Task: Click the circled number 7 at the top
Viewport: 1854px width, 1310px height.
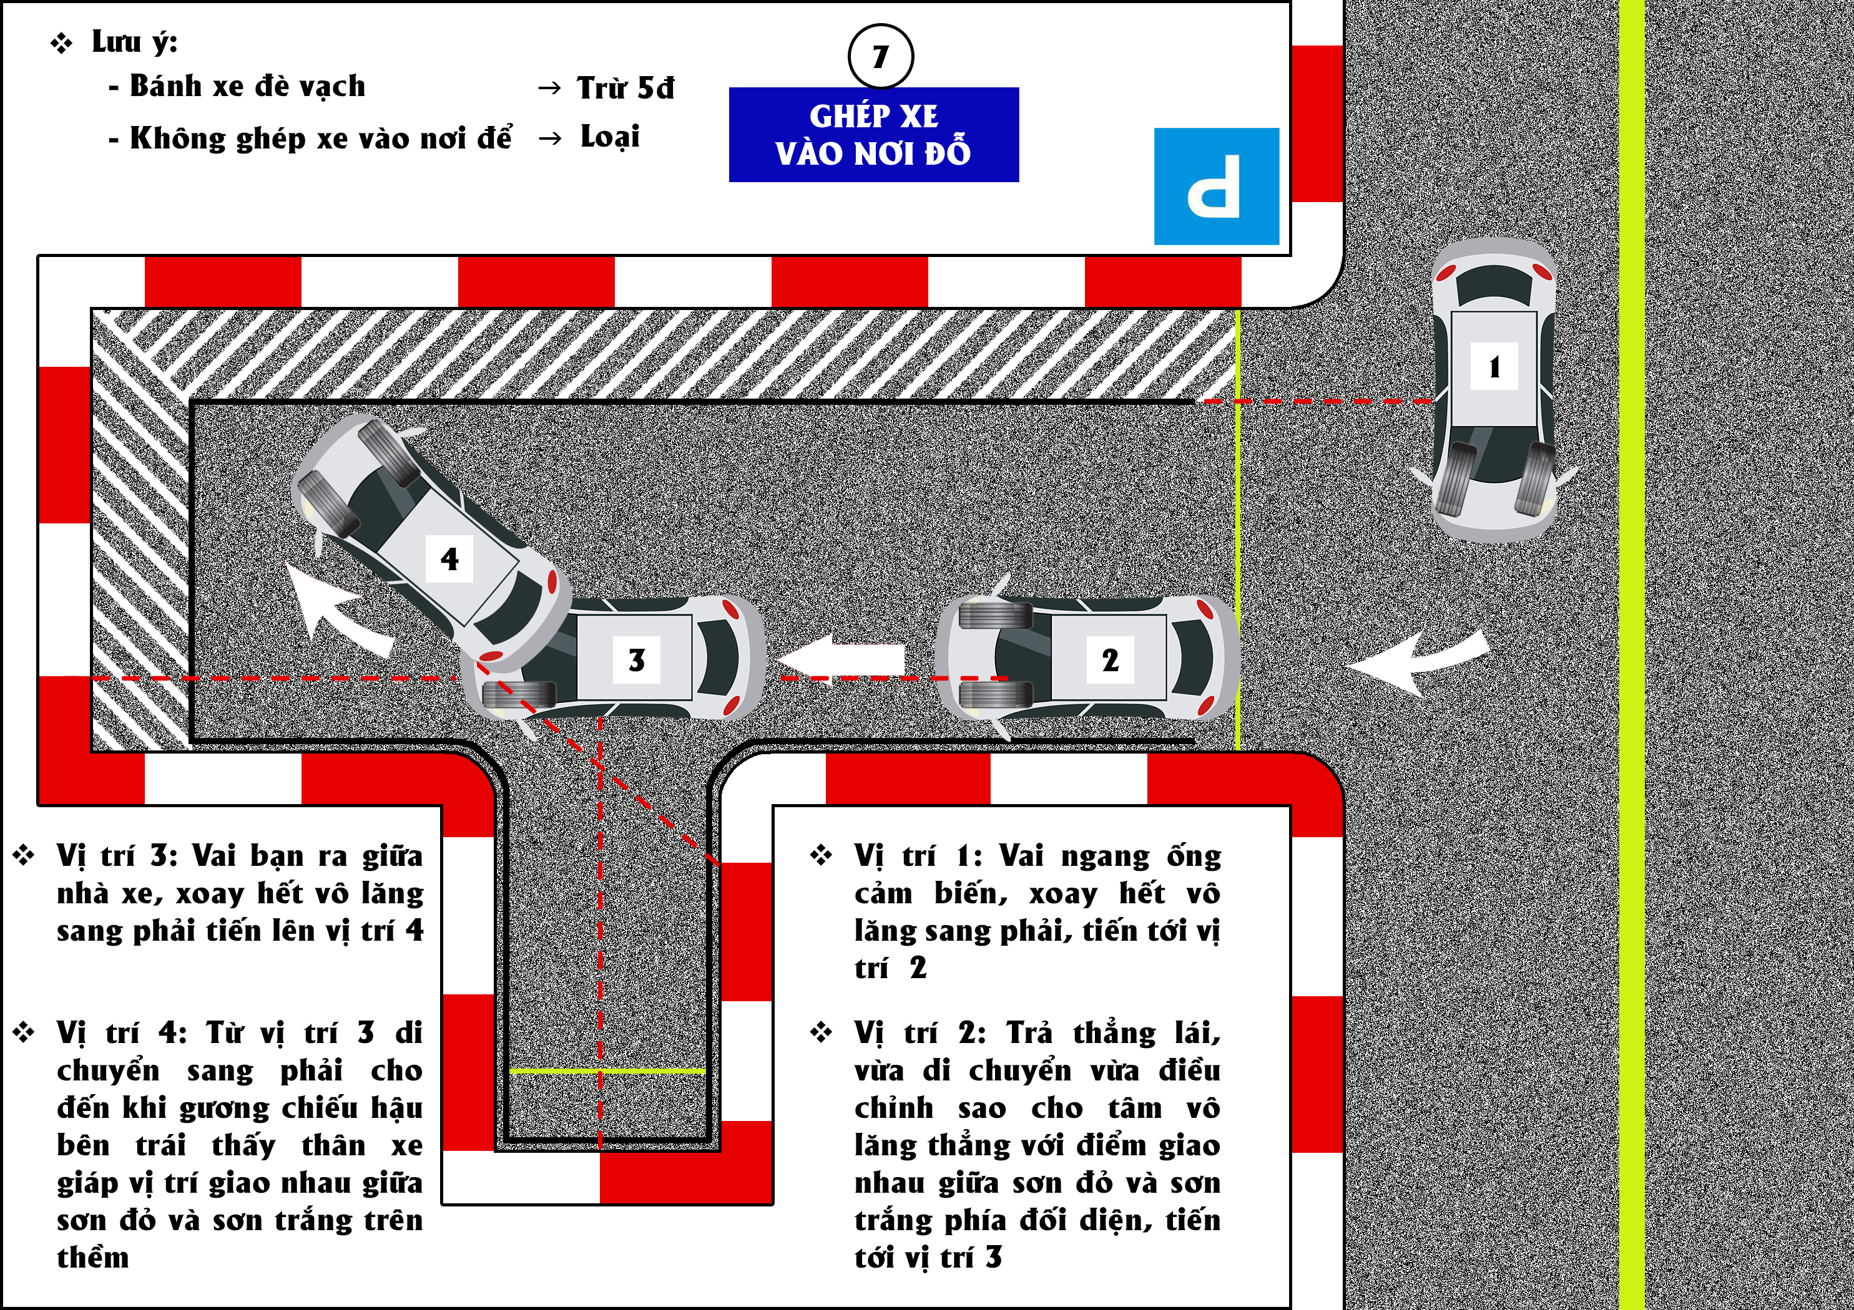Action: [880, 57]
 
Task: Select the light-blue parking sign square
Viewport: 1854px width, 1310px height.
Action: [1216, 186]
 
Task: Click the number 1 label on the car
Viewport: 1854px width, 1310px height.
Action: [1494, 367]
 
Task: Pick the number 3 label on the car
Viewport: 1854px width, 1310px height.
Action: [636, 660]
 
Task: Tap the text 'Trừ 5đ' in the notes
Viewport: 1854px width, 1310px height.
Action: [625, 88]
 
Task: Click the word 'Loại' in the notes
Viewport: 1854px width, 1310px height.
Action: [610, 137]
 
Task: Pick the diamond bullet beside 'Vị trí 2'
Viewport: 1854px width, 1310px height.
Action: [822, 1032]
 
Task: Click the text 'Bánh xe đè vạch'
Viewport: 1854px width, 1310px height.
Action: [247, 86]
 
